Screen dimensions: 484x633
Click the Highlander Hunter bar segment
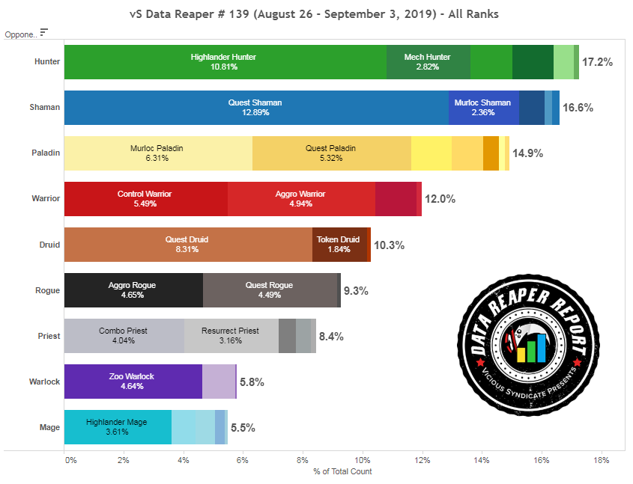(225, 62)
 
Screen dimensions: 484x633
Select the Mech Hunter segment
(428, 62)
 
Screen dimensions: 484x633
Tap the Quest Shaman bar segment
(255, 108)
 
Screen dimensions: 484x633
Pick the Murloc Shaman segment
(483, 108)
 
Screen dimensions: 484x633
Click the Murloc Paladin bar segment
(157, 153)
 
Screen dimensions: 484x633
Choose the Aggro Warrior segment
(300, 199)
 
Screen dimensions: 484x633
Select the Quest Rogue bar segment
(269, 290)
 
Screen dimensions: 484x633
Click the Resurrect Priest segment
(231, 336)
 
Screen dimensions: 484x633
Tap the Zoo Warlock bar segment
(133, 382)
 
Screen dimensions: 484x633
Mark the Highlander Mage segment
(117, 427)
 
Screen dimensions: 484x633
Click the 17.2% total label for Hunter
(597, 63)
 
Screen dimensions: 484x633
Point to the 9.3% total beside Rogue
(356, 291)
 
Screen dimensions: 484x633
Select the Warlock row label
(44, 382)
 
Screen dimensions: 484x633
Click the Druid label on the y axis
(49, 245)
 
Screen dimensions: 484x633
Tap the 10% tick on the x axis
(362, 459)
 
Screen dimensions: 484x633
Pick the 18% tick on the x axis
(600, 459)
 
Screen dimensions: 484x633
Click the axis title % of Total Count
(342, 471)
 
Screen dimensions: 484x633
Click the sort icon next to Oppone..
(44, 32)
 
